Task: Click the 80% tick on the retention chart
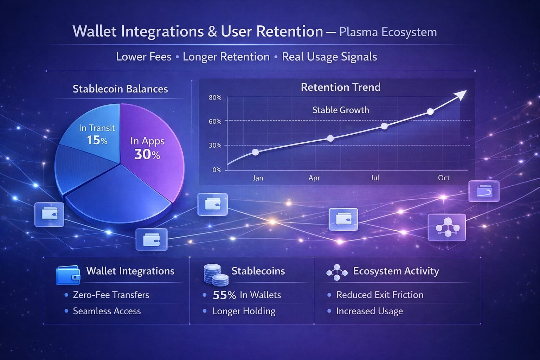point(215,98)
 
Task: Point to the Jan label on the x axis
point(258,178)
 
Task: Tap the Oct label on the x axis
point(444,178)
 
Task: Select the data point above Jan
point(255,152)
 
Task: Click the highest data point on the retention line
point(430,112)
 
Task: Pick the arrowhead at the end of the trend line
point(461,95)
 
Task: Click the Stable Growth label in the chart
point(341,110)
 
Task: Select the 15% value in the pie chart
point(97,140)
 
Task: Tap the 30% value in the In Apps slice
point(147,154)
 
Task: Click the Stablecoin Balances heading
point(120,89)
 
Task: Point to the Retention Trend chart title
point(341,87)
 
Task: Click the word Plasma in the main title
point(359,32)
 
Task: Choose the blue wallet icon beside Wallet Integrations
point(68,275)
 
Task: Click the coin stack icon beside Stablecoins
point(216,275)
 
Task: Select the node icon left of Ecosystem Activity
point(337,272)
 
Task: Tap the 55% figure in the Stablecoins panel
point(224,295)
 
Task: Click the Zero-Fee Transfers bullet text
point(111,295)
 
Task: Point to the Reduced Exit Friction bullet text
point(380,295)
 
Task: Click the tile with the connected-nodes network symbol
point(447,227)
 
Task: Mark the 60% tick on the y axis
point(215,122)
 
